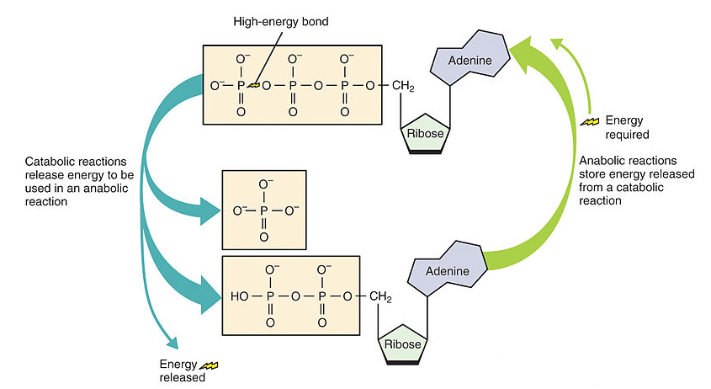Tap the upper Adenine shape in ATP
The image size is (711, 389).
coord(468,61)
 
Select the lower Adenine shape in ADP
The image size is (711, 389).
coord(445,272)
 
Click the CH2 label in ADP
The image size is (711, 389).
coord(381,297)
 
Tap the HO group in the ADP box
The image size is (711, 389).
coord(239,297)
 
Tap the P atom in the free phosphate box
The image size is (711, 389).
coord(264,208)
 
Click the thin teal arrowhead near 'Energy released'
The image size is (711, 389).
coord(174,343)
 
